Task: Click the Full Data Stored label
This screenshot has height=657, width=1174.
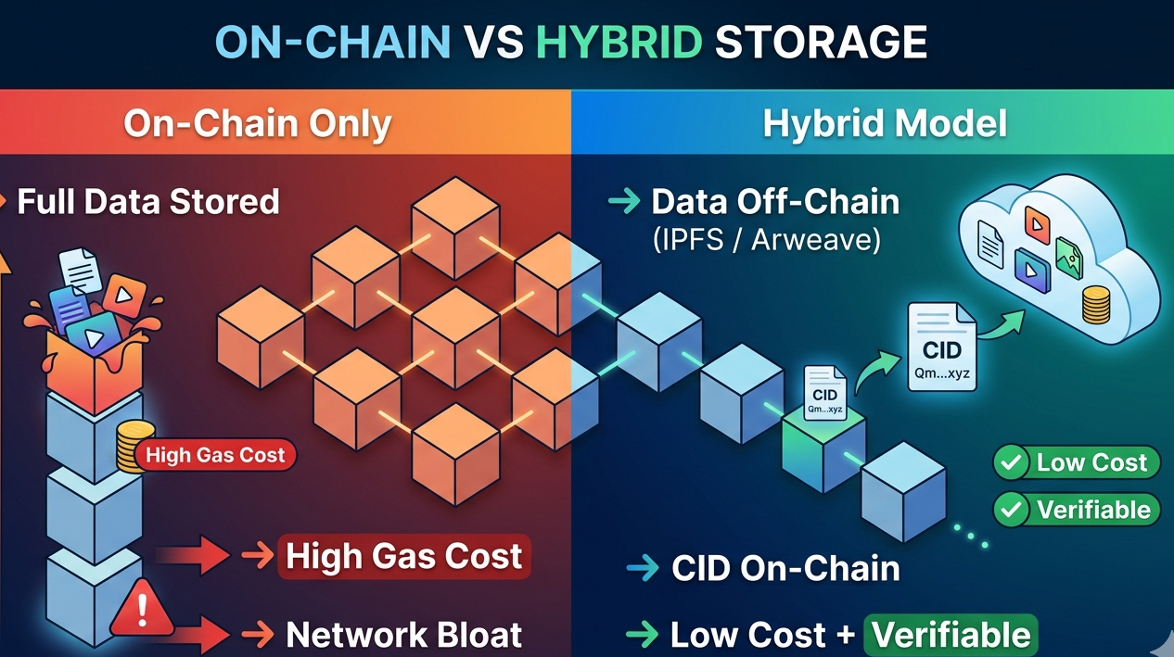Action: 148,201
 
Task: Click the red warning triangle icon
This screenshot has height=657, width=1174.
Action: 141,611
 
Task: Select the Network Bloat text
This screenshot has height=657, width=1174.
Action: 403,635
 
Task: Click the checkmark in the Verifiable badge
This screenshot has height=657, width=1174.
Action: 1012,509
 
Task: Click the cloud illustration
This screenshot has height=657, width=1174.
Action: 1057,250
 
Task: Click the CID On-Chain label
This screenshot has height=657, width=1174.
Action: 785,568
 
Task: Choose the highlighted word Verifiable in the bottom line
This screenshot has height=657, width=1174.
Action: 951,635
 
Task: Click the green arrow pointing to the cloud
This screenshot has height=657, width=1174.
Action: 1001,324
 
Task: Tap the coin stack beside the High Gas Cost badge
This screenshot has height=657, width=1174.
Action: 135,448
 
